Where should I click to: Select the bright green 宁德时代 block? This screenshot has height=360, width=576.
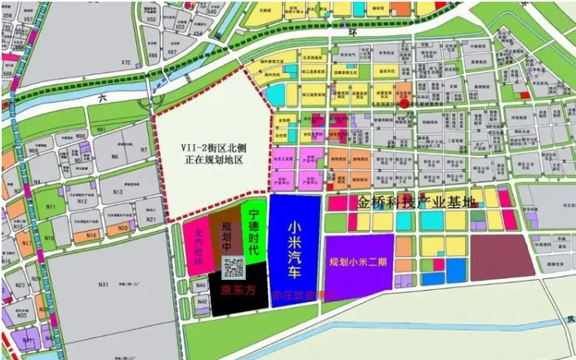pyautogui.click(x=253, y=233)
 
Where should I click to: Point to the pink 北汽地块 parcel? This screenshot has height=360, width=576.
pyautogui.click(x=196, y=242)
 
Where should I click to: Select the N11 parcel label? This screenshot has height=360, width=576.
pyautogui.click(x=51, y=207)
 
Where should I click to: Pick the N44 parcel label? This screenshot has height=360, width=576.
pyautogui.click(x=202, y=286)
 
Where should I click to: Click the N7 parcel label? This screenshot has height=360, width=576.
pyautogui.click(x=144, y=149)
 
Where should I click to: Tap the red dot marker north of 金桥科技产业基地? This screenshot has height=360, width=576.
pyautogui.click(x=403, y=95)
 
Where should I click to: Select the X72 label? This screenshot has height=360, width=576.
pyautogui.click(x=126, y=63)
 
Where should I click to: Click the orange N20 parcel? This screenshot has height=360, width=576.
pyautogui.click(x=123, y=229)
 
